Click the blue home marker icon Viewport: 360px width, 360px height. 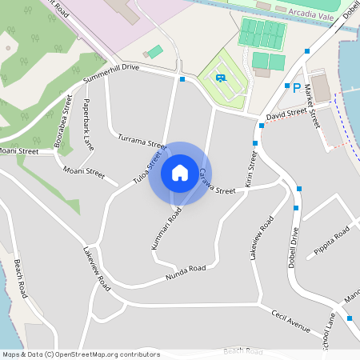pyautogui.click(x=180, y=172)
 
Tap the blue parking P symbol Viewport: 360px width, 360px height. pyautogui.click(x=296, y=87)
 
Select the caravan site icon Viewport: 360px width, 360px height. pyautogui.click(x=219, y=78)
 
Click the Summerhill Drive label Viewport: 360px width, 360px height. pyautogui.click(x=111, y=74)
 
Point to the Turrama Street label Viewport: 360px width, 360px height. pyautogui.click(x=141, y=142)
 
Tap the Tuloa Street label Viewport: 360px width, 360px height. pyautogui.click(x=147, y=165)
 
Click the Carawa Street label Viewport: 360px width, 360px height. pyautogui.click(x=216, y=182)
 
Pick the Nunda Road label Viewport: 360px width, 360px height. pyautogui.click(x=186, y=272)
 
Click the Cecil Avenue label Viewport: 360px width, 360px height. pyautogui.click(x=290, y=320)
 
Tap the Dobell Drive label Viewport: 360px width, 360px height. pyautogui.click(x=294, y=247)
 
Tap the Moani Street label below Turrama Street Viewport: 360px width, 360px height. pyautogui.click(x=84, y=172)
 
